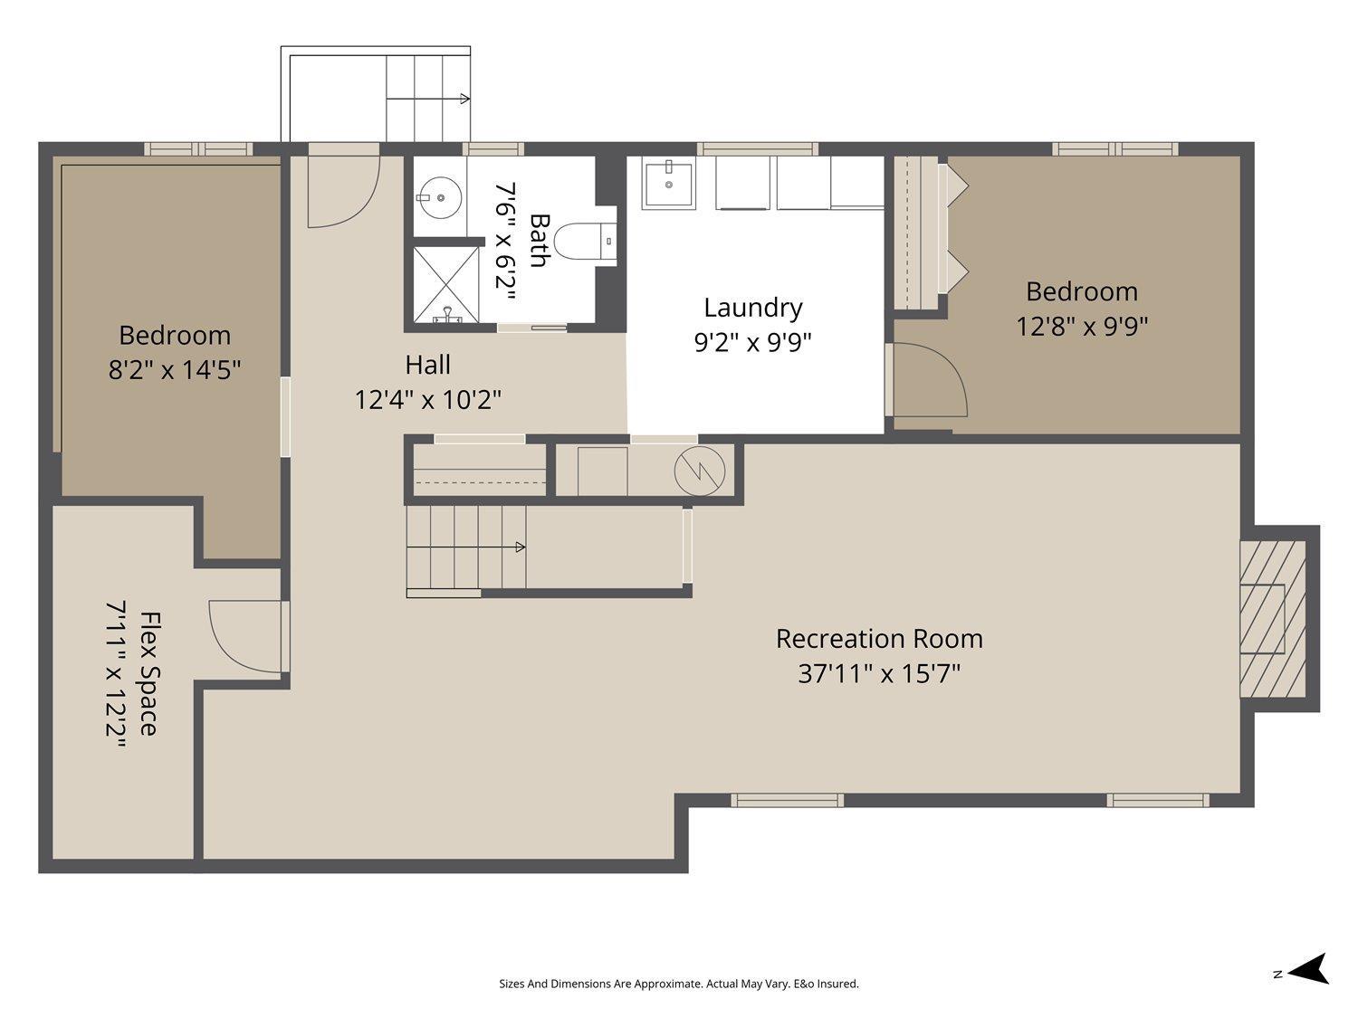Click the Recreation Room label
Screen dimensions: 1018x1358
pos(878,639)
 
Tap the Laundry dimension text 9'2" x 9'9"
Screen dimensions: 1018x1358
pos(752,342)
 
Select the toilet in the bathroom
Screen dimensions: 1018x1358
pos(579,242)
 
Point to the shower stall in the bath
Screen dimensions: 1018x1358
pos(445,283)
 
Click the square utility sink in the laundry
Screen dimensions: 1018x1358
pos(669,183)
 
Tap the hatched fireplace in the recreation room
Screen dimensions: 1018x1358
pos(1272,619)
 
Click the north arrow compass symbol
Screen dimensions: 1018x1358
pos(1307,969)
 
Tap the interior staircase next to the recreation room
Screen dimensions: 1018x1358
pos(465,547)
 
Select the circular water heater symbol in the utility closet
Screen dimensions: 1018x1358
pos(700,470)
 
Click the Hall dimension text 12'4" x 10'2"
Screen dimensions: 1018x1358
pos(427,399)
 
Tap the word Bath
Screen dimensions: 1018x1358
pos(540,240)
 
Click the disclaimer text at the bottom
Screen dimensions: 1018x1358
pos(678,984)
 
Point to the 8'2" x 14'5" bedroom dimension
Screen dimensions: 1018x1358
pos(175,369)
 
